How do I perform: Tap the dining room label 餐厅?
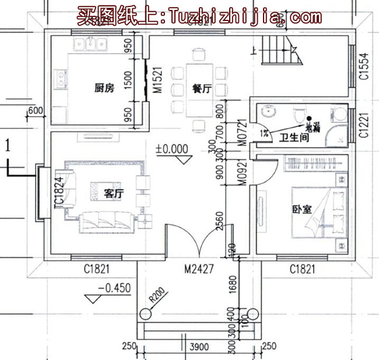[x=200, y=89]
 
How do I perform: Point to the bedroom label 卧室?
[x=301, y=211]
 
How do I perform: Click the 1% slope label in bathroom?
[x=265, y=133]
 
